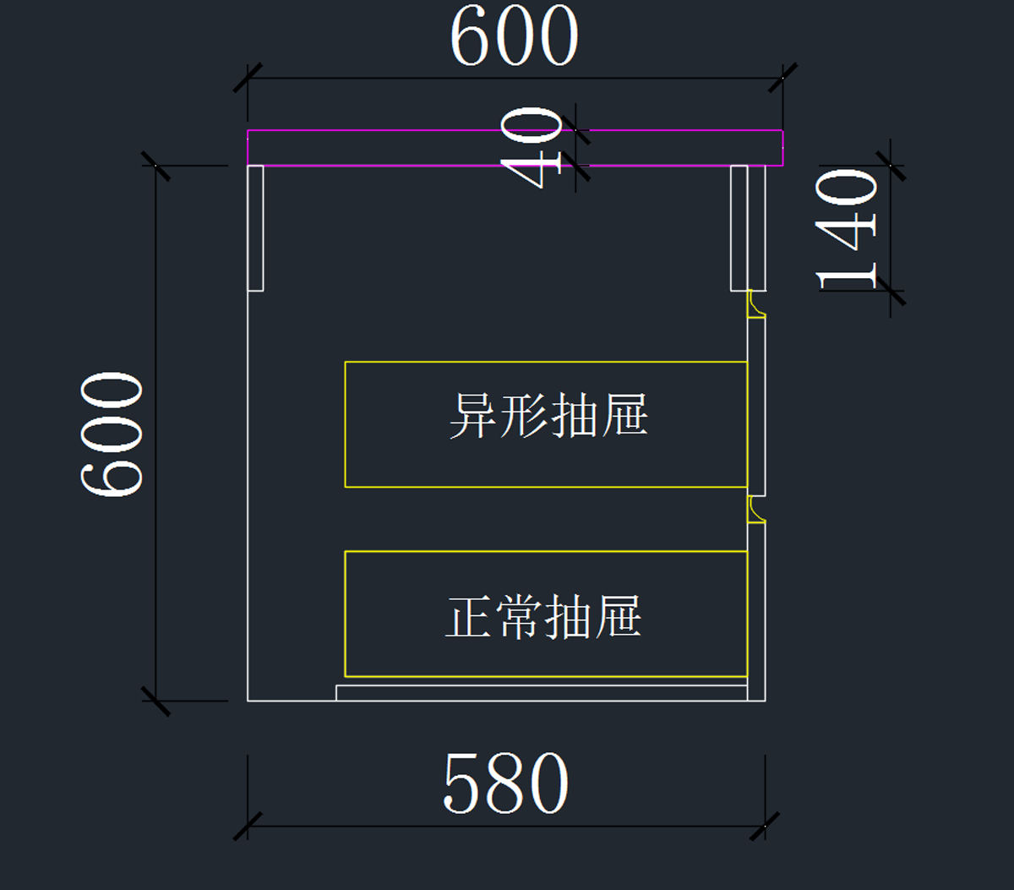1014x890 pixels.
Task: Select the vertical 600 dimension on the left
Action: click(112, 434)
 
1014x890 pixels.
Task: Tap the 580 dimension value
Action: click(505, 784)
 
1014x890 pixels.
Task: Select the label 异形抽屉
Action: click(548, 415)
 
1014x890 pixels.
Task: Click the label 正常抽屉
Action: click(543, 616)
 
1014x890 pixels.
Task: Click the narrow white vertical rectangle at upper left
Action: click(255, 227)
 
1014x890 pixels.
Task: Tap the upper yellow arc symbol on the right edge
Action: click(755, 305)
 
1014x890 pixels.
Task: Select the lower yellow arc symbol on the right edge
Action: click(755, 510)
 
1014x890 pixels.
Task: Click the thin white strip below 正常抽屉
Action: click(541, 693)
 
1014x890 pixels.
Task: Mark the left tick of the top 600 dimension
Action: click(248, 78)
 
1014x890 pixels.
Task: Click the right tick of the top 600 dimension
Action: click(782, 78)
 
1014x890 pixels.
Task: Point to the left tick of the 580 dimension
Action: click(248, 826)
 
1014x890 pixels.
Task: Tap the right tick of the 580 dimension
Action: click(765, 826)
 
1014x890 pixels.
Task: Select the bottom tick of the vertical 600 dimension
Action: click(155, 701)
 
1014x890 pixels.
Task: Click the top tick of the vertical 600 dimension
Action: click(155, 166)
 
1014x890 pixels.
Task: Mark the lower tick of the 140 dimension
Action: click(891, 291)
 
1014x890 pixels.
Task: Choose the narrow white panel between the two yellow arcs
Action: click(757, 406)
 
